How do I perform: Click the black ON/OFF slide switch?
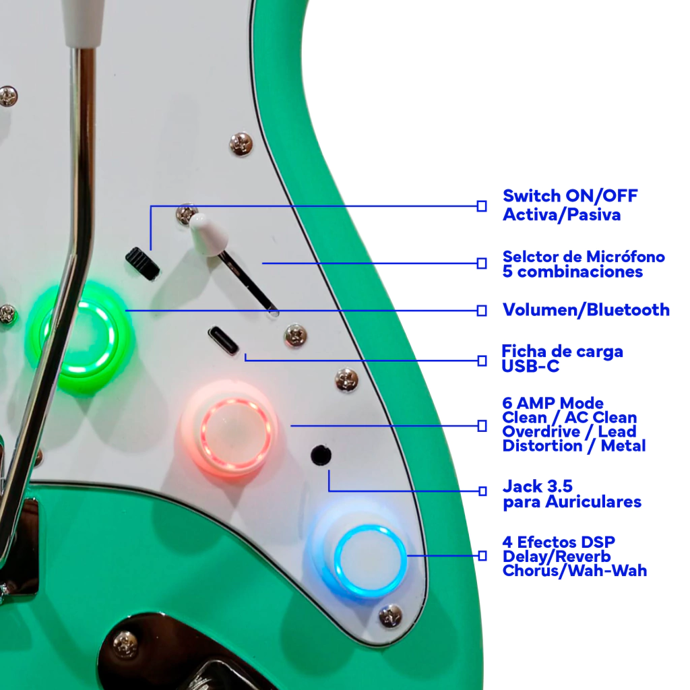[143, 263]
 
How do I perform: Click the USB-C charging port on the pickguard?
[224, 340]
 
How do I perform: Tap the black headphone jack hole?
[321, 456]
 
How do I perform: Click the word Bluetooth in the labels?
[628, 310]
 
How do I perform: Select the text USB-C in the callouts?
[530, 366]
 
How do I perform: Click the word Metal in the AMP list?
[623, 446]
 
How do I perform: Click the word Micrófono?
[625, 257]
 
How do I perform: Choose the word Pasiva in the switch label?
[594, 215]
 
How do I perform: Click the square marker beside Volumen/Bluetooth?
[482, 311]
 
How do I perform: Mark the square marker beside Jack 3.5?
[482, 491]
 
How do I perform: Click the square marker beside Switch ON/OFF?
[482, 206]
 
